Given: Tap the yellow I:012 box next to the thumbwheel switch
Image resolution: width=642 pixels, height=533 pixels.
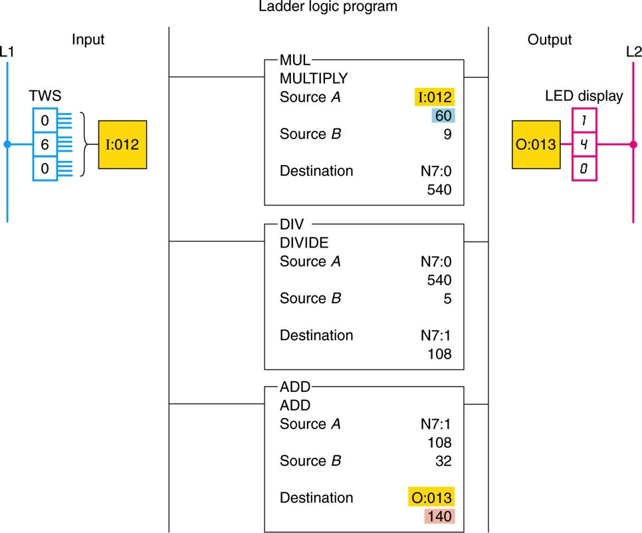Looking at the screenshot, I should point(122,144).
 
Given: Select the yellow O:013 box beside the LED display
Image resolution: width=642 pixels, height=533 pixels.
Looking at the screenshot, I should point(536,144).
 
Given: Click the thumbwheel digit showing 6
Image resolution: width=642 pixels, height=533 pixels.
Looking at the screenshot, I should point(45,143).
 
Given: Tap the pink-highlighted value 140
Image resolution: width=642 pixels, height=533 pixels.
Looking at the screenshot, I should point(439,516).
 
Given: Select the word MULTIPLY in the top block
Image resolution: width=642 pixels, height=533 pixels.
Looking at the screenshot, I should point(313,79).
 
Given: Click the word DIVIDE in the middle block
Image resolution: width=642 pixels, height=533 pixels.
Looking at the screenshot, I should point(304,243).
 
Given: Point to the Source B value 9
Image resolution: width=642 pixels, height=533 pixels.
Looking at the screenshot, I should point(447,134).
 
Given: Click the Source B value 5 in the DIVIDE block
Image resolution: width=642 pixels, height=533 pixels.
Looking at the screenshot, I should point(447,298).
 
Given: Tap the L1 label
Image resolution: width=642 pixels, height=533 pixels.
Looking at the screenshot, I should point(7,51).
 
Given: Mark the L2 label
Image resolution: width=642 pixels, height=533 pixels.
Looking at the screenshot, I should point(633,51).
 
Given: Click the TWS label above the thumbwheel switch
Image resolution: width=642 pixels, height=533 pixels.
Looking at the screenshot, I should point(45,96).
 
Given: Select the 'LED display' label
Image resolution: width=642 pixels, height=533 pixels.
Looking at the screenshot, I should point(584,96).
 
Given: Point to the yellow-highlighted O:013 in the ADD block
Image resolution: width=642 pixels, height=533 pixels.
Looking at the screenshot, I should point(431,498).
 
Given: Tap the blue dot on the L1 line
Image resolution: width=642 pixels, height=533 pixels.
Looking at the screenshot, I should point(7,144).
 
